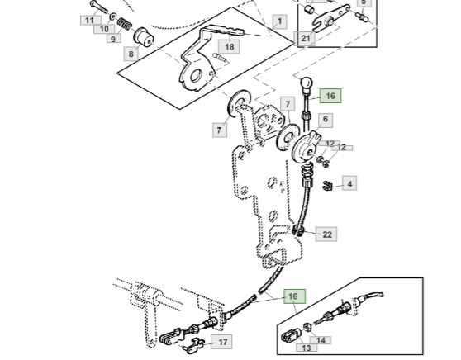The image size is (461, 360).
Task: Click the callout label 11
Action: click(x=91, y=21)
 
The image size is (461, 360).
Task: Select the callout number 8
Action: click(x=131, y=54)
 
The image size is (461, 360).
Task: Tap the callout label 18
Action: click(x=229, y=46)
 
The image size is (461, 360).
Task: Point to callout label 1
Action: click(x=279, y=21)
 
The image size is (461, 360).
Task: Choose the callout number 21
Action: click(x=305, y=38)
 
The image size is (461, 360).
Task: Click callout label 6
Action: click(x=326, y=120)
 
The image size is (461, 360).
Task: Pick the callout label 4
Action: click(x=349, y=183)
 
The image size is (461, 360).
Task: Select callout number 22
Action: click(x=326, y=234)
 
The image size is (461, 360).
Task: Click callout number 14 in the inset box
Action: click(x=321, y=340)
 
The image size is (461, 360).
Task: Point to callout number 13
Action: click(x=307, y=348)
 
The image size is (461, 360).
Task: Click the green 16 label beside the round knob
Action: click(x=330, y=96)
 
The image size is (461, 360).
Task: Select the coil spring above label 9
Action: click(x=123, y=25)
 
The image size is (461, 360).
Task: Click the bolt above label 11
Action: click(x=99, y=7)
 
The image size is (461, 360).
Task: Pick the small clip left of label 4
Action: click(x=326, y=186)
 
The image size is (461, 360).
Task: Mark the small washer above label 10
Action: click(x=112, y=17)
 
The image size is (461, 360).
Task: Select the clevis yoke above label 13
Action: click(x=291, y=335)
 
